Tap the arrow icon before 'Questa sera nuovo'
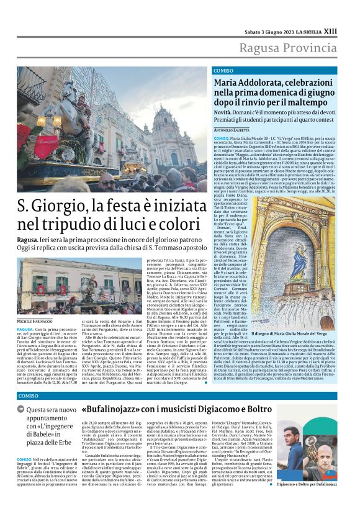click(x=22, y=410)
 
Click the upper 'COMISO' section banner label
click(x=223, y=71)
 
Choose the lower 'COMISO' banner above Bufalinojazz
click(x=28, y=396)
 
